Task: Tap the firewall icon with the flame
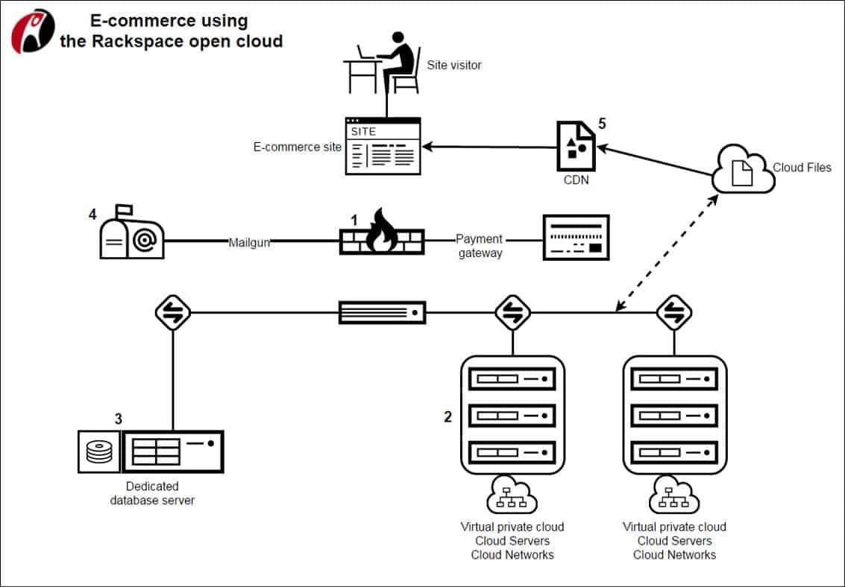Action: (x=382, y=234)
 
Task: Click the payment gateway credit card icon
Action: (x=576, y=238)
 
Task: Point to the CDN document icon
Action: (x=576, y=145)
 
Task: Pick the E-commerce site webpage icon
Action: (x=383, y=146)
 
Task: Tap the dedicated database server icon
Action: (x=151, y=451)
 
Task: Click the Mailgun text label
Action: (x=249, y=241)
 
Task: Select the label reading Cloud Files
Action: (x=802, y=168)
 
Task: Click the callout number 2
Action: (x=447, y=417)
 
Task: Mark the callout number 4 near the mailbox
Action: (x=92, y=215)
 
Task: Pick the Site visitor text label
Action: (x=454, y=65)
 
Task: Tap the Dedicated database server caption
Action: (x=152, y=493)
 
